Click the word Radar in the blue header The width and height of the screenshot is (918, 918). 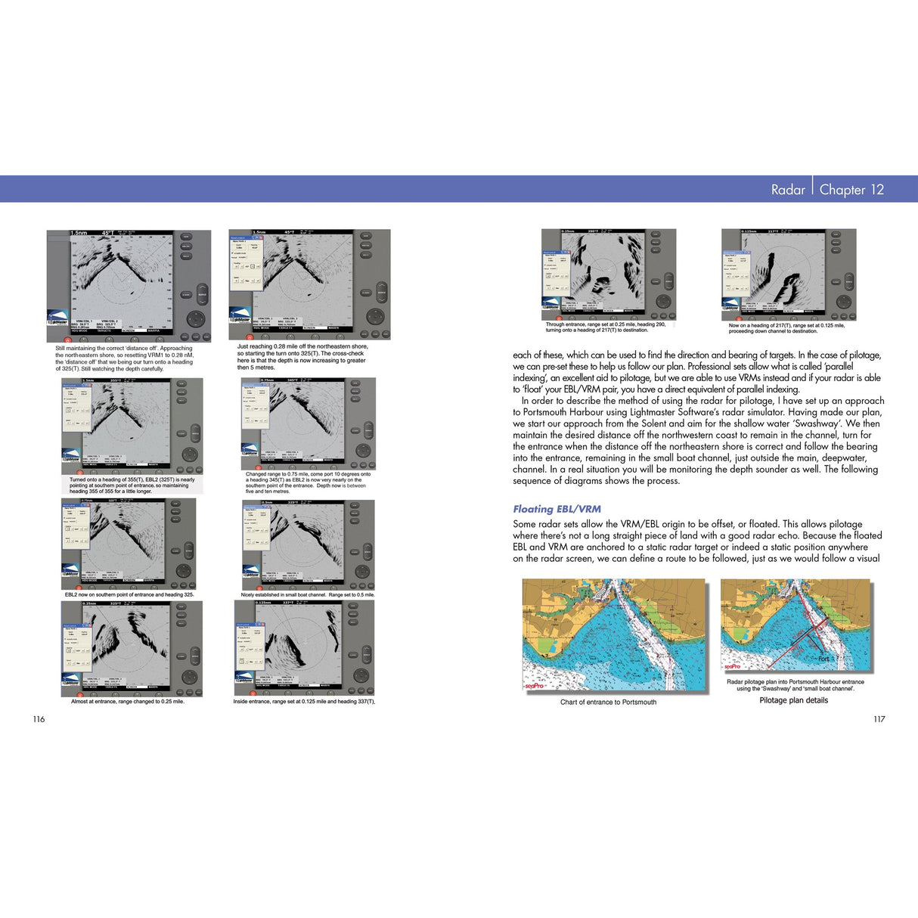coord(787,190)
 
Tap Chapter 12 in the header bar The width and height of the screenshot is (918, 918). coord(851,190)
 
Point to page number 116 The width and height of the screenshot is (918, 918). coord(39,719)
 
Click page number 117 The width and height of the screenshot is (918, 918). coord(879,719)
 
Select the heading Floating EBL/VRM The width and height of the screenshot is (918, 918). coord(557,509)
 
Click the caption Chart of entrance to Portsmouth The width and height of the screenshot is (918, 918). coord(608,702)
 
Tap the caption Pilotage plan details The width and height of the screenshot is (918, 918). coord(793,700)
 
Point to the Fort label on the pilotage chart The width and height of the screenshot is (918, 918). coord(823,659)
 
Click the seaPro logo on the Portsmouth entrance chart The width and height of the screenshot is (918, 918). coord(535,686)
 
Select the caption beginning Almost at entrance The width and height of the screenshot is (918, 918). coord(127,701)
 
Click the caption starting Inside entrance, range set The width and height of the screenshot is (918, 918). coord(304,701)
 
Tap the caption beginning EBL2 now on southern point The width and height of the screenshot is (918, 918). coord(129,594)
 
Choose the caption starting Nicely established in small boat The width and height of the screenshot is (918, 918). coord(307,594)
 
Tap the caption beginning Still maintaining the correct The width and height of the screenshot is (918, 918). coord(124,358)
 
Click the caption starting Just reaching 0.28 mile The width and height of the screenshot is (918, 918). coord(302,357)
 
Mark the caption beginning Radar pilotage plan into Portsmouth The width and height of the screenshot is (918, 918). coord(795,684)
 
